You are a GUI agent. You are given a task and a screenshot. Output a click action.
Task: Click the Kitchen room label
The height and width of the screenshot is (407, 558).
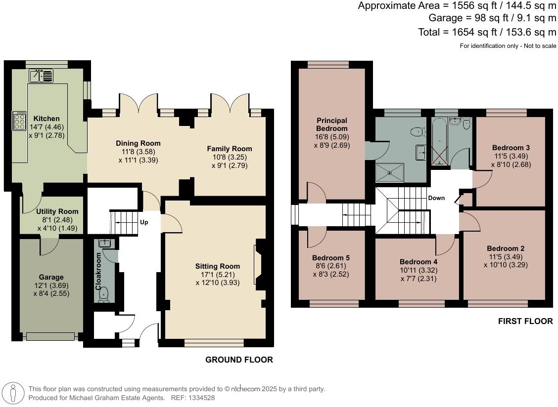[x=46, y=119]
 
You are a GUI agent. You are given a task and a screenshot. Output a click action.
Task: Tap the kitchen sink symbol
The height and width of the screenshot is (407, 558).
[x=42, y=76]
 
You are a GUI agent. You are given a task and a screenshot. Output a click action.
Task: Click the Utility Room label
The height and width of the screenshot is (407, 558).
[x=57, y=211]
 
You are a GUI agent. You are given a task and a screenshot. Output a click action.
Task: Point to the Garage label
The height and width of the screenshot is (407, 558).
[x=51, y=277]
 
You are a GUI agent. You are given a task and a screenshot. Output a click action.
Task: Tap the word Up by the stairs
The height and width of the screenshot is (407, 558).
[x=144, y=222]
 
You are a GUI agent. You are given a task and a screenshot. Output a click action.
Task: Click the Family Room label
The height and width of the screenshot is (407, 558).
[x=229, y=149]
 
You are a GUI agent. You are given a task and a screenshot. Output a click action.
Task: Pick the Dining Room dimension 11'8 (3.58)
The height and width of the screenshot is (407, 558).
[x=139, y=152]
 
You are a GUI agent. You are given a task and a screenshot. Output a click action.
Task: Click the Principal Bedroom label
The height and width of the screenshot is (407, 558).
[x=332, y=124]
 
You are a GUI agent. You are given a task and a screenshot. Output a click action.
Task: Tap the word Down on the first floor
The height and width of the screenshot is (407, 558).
[x=436, y=198]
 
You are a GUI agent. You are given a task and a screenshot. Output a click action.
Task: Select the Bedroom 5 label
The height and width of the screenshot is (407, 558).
[x=331, y=258]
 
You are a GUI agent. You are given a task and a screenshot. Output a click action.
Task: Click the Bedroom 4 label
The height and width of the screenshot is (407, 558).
[x=418, y=262]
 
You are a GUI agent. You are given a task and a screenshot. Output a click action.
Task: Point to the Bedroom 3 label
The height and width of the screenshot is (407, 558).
[x=511, y=148]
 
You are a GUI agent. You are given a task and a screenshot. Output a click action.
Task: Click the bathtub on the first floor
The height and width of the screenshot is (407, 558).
[x=440, y=141]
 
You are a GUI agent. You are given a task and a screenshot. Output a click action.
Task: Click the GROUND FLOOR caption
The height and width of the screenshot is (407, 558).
[x=239, y=360]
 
